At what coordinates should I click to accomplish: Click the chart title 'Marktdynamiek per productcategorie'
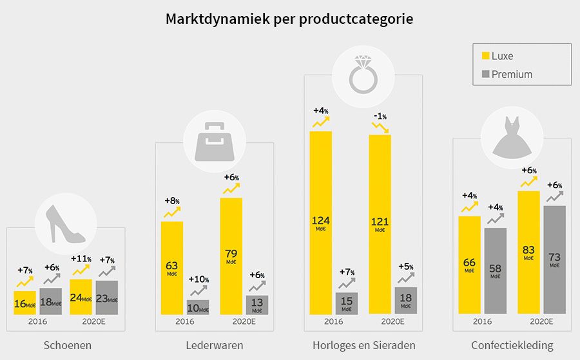[x=289, y=19]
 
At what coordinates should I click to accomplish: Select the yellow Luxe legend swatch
[x=486, y=56]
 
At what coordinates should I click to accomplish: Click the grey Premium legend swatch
[x=486, y=74]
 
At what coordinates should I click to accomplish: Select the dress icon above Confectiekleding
[x=512, y=137]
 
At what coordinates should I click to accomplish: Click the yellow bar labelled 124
[x=320, y=222]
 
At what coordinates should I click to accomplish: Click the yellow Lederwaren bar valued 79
[x=231, y=256]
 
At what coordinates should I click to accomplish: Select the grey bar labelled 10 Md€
[x=198, y=307]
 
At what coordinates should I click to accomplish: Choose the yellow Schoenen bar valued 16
[x=24, y=302]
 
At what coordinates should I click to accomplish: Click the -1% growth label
[x=380, y=116]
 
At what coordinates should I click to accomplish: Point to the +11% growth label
[x=81, y=259]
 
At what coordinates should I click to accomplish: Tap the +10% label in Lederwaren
[x=198, y=279]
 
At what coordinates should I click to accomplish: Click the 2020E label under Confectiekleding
[x=541, y=321]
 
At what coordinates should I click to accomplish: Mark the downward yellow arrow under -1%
[x=380, y=128]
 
